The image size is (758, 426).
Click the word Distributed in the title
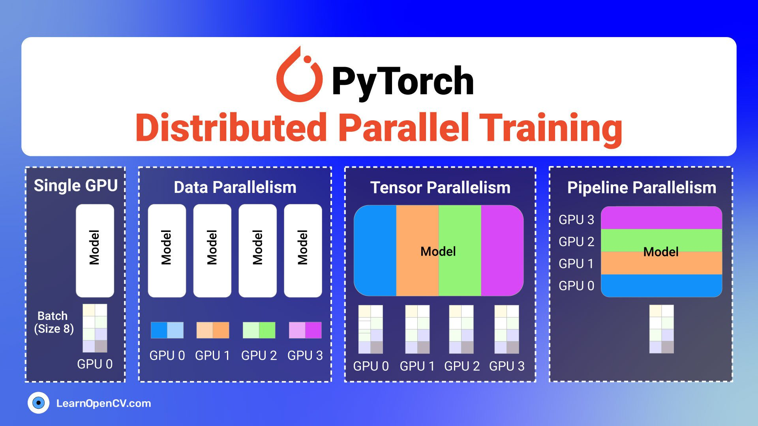(231, 128)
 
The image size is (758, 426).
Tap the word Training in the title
(553, 128)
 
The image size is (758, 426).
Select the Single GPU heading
(75, 185)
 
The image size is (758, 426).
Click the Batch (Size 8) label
(54, 322)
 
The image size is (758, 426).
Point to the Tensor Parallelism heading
(440, 187)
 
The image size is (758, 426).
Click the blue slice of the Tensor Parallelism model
(375, 250)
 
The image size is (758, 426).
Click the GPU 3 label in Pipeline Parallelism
(576, 220)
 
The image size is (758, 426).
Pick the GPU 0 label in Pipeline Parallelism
(576, 286)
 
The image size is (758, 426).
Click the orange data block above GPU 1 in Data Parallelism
(212, 330)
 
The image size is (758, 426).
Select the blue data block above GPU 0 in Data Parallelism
(167, 330)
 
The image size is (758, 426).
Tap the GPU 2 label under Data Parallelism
(259, 355)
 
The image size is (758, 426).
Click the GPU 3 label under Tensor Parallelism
(507, 366)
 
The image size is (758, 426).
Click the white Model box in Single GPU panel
(95, 250)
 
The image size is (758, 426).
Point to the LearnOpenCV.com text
(103, 403)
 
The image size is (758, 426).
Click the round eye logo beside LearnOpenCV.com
(38, 403)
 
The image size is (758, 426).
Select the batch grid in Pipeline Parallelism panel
(661, 329)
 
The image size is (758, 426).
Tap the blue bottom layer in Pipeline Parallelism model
(661, 286)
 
